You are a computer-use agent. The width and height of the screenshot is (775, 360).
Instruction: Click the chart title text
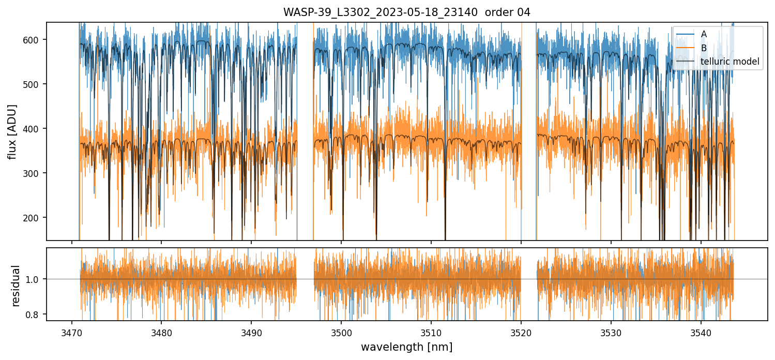click(x=406, y=12)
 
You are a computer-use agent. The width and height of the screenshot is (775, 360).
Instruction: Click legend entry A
click(x=704, y=34)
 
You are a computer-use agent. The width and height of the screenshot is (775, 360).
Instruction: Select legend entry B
click(x=704, y=48)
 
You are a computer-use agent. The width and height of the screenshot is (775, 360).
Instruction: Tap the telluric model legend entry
click(x=730, y=62)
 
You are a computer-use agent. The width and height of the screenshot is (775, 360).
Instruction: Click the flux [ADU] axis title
click(x=12, y=131)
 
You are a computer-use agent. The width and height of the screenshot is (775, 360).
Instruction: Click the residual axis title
click(x=16, y=286)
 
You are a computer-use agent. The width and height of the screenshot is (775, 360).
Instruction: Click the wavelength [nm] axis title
click(x=406, y=347)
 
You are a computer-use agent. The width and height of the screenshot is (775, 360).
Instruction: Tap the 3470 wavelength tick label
click(x=71, y=331)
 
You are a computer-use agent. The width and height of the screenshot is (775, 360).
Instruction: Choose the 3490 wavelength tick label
click(x=251, y=331)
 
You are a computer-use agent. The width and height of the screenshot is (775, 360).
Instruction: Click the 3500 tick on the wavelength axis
click(x=341, y=331)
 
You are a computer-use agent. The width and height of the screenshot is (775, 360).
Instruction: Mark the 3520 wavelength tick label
click(x=521, y=331)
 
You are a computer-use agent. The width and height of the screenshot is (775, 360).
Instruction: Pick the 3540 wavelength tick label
click(x=701, y=331)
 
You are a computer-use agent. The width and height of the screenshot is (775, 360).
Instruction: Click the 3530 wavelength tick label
click(x=611, y=331)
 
